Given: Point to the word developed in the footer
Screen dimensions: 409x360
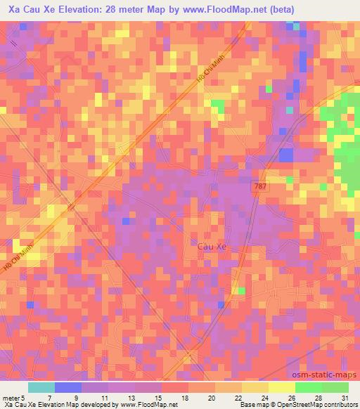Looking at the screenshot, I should click(101, 405).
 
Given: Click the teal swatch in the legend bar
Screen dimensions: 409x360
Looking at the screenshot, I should click(41, 387).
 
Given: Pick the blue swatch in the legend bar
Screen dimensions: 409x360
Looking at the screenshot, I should click(67, 387).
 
